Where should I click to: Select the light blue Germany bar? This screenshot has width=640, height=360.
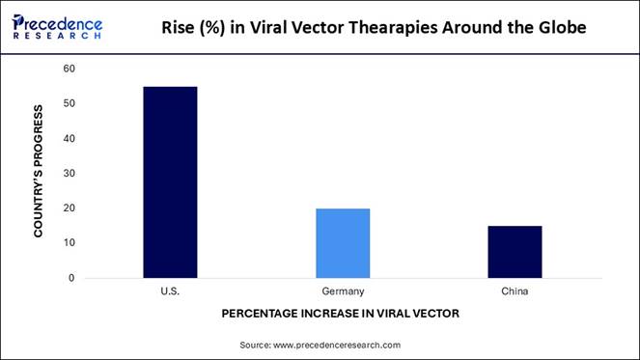[x=343, y=242]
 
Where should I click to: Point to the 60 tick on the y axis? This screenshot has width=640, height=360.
[x=69, y=69]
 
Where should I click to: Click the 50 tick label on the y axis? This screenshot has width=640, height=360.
[x=69, y=103]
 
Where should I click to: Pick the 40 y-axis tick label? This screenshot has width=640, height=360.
[x=69, y=138]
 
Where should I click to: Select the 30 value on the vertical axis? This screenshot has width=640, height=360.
[x=69, y=173]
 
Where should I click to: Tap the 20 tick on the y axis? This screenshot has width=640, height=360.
[x=69, y=208]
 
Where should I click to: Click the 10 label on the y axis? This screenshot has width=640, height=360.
[x=69, y=242]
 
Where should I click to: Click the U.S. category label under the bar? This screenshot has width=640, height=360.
[x=170, y=291]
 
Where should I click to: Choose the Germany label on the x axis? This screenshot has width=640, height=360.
[x=343, y=291]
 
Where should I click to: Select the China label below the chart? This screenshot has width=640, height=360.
[x=515, y=291]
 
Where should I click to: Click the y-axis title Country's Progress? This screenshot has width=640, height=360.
[x=39, y=173]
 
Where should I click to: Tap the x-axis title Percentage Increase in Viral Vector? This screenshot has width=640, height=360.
[x=340, y=314]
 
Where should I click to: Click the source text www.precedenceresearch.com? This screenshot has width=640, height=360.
[x=337, y=345]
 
